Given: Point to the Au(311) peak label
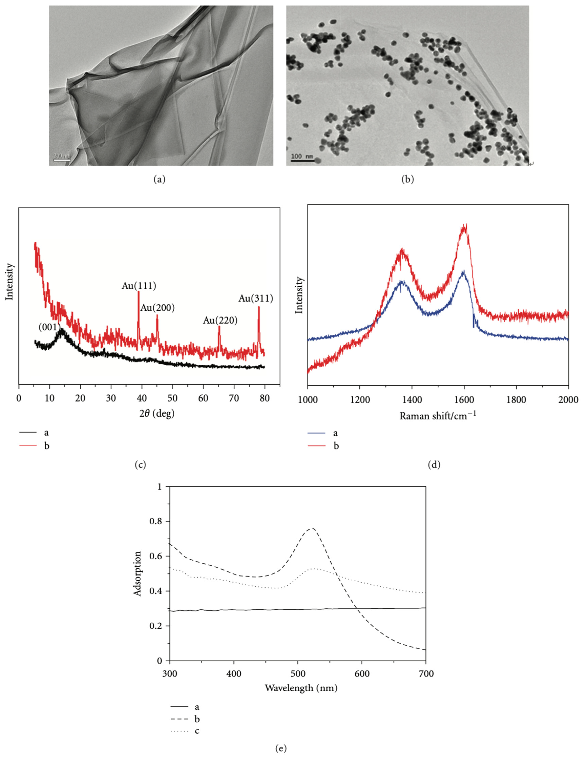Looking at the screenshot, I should tap(256, 298).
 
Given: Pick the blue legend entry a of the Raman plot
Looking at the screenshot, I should tap(322, 433).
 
